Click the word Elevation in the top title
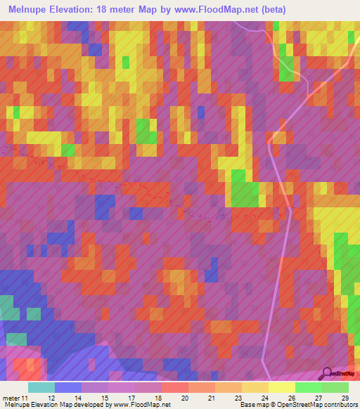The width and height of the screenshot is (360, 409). (93, 10)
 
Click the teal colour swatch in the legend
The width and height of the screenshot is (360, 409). (41, 387)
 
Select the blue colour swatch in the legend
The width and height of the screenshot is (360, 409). (68, 387)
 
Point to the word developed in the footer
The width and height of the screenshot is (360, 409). (92, 405)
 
